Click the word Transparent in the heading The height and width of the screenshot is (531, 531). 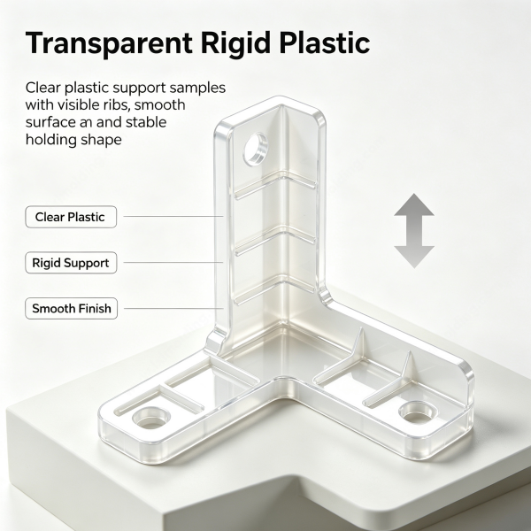(109, 43)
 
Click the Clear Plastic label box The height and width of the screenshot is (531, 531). (71, 217)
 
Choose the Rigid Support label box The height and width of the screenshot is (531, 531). (71, 263)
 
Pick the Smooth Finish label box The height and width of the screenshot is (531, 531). (71, 309)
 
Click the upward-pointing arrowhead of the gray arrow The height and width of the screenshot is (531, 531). (414, 206)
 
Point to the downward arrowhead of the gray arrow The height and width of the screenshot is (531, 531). (414, 257)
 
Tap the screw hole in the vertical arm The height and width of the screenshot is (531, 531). (256, 150)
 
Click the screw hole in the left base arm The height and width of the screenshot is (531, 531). (150, 418)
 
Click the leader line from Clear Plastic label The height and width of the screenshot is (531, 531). (173, 216)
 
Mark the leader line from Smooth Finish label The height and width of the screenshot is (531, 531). (173, 309)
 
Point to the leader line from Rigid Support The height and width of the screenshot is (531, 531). (173, 262)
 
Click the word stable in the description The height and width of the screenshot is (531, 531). (146, 122)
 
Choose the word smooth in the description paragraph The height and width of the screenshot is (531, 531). (160, 104)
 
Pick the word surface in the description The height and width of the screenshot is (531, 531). (50, 122)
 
